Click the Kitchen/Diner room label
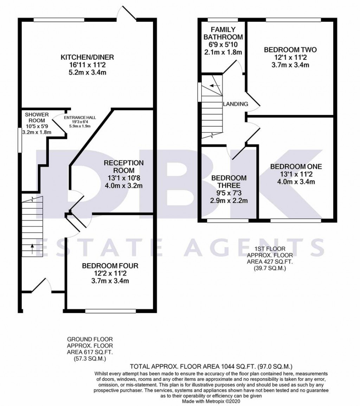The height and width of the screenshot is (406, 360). click(x=88, y=57)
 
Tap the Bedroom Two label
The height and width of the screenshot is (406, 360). click(x=290, y=50)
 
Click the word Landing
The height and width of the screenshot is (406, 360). click(x=236, y=104)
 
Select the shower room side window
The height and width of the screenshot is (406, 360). click(x=20, y=140)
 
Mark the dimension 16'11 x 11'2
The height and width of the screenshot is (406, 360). click(x=88, y=65)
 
